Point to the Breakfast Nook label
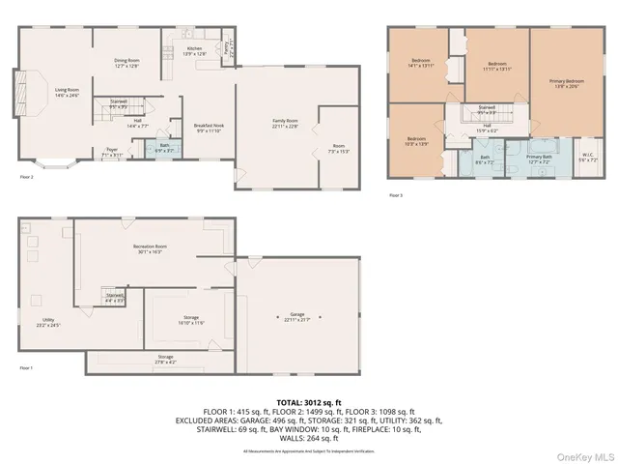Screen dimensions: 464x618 pos(209,127)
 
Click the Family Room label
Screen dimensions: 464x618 pos(285,122)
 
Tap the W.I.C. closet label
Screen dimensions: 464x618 pos(587,155)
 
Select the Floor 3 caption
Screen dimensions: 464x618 pos(396,195)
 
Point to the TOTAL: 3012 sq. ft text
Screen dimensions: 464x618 pos(309,402)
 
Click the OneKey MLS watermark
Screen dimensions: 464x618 pos(588,454)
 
